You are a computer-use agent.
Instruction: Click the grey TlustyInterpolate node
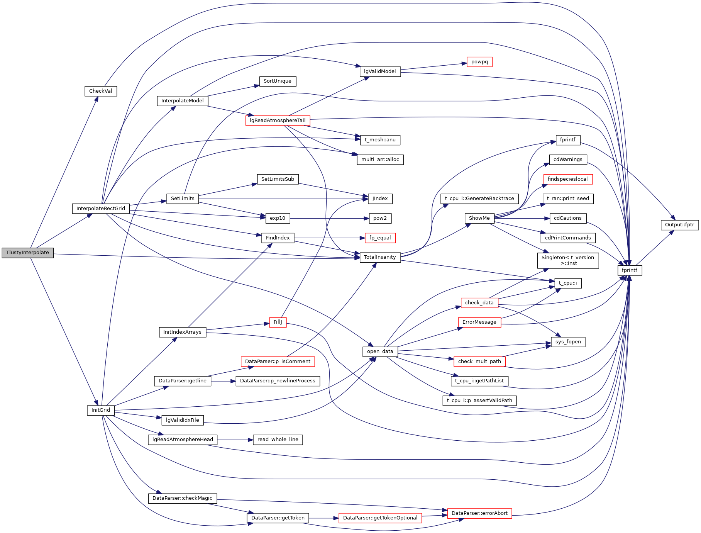(x=27, y=253)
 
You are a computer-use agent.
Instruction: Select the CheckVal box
(x=100, y=91)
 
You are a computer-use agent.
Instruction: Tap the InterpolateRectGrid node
(x=100, y=209)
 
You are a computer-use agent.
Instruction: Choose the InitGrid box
(x=100, y=410)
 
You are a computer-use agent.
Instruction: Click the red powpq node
(x=479, y=62)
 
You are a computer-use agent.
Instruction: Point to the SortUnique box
(x=277, y=81)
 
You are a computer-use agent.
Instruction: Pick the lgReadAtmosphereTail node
(x=278, y=121)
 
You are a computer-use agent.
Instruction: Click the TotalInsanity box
(x=380, y=257)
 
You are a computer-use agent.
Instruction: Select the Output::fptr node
(x=679, y=225)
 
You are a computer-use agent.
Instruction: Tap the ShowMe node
(x=479, y=218)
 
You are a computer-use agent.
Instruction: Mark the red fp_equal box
(x=380, y=238)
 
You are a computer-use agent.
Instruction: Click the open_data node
(x=380, y=351)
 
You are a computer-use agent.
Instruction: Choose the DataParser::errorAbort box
(x=479, y=513)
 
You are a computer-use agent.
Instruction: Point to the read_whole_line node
(x=278, y=440)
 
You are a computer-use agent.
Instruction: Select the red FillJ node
(x=278, y=322)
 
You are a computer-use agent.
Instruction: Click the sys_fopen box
(x=568, y=342)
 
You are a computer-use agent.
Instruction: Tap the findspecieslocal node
(x=567, y=179)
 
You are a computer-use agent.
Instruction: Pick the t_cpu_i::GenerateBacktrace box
(x=479, y=199)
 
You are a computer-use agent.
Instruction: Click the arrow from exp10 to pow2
(x=328, y=219)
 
